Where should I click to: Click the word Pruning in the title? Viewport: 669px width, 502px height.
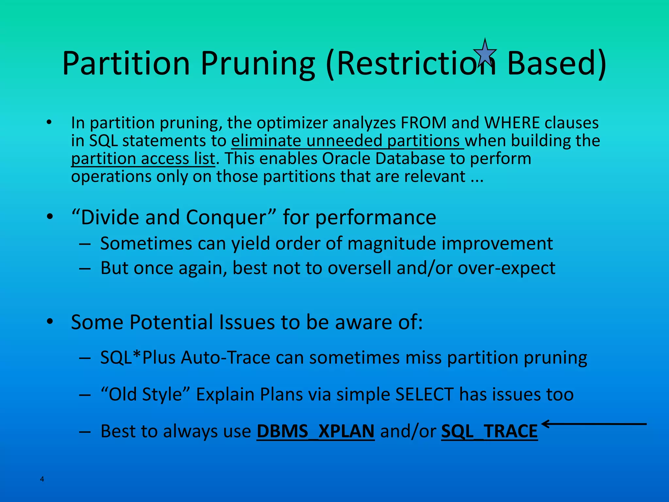[x=258, y=64]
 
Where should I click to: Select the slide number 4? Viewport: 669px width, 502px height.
[x=42, y=479]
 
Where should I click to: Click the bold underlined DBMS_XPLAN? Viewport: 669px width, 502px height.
[x=316, y=431]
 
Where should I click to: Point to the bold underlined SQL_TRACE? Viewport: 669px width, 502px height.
[x=489, y=431]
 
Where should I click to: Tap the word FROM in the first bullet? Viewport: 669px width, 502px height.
[x=423, y=123]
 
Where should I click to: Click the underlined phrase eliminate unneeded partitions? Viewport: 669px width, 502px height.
[x=347, y=141]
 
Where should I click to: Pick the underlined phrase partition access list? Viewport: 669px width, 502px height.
[x=143, y=159]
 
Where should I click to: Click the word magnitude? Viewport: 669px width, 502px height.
[x=392, y=244]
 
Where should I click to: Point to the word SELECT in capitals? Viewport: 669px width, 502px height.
[x=424, y=394]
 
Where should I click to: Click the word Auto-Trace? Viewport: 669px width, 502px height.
[x=226, y=358]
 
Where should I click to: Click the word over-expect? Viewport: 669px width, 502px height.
[x=506, y=268]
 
